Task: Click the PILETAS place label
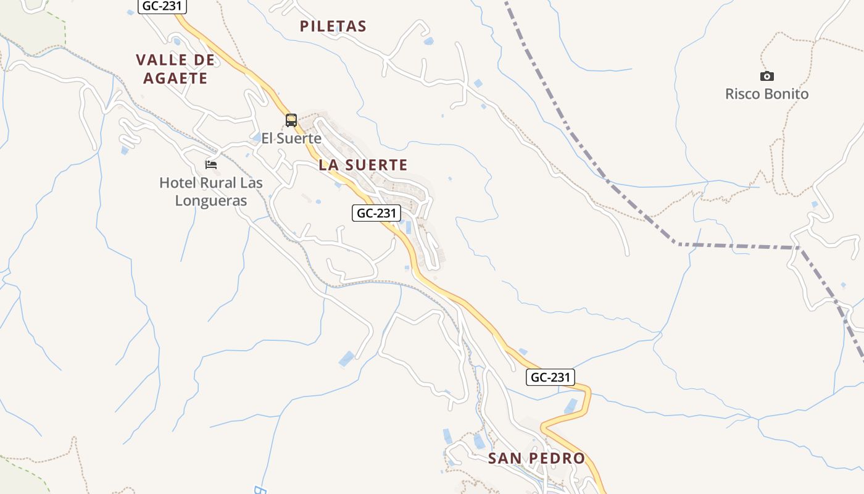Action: pos(333,26)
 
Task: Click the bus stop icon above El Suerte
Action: pos(291,120)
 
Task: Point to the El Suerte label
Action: pos(291,138)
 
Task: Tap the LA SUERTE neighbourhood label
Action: pos(363,165)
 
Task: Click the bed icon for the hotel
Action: pos(211,165)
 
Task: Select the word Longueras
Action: pos(211,201)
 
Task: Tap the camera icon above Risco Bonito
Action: pos(766,76)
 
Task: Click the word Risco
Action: pos(742,94)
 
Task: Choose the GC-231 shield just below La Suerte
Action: pos(376,213)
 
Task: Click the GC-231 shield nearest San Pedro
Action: pos(550,377)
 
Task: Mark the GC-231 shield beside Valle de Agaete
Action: pos(162,7)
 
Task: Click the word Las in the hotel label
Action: pos(251,183)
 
